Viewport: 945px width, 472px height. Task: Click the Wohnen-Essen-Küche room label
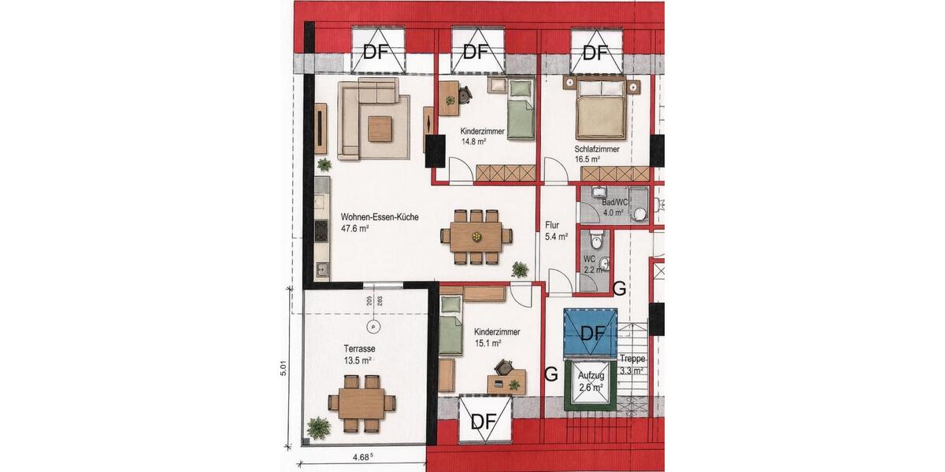(380, 216)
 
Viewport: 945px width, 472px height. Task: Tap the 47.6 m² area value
(356, 229)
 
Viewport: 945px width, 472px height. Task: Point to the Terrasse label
(358, 348)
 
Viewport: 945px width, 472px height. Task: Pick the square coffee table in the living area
(379, 128)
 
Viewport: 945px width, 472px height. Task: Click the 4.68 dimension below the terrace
(361, 456)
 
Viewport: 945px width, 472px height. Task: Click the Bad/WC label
(613, 202)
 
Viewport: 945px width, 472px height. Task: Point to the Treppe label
(632, 359)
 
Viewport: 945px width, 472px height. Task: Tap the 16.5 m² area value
(588, 159)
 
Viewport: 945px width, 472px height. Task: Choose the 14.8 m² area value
(473, 142)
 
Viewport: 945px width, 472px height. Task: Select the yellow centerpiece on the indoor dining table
(476, 235)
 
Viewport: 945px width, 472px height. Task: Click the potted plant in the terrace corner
(319, 428)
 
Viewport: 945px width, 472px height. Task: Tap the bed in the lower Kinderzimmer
(450, 325)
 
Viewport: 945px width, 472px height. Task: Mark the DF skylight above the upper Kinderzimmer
(477, 52)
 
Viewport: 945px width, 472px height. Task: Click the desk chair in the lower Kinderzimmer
(505, 367)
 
